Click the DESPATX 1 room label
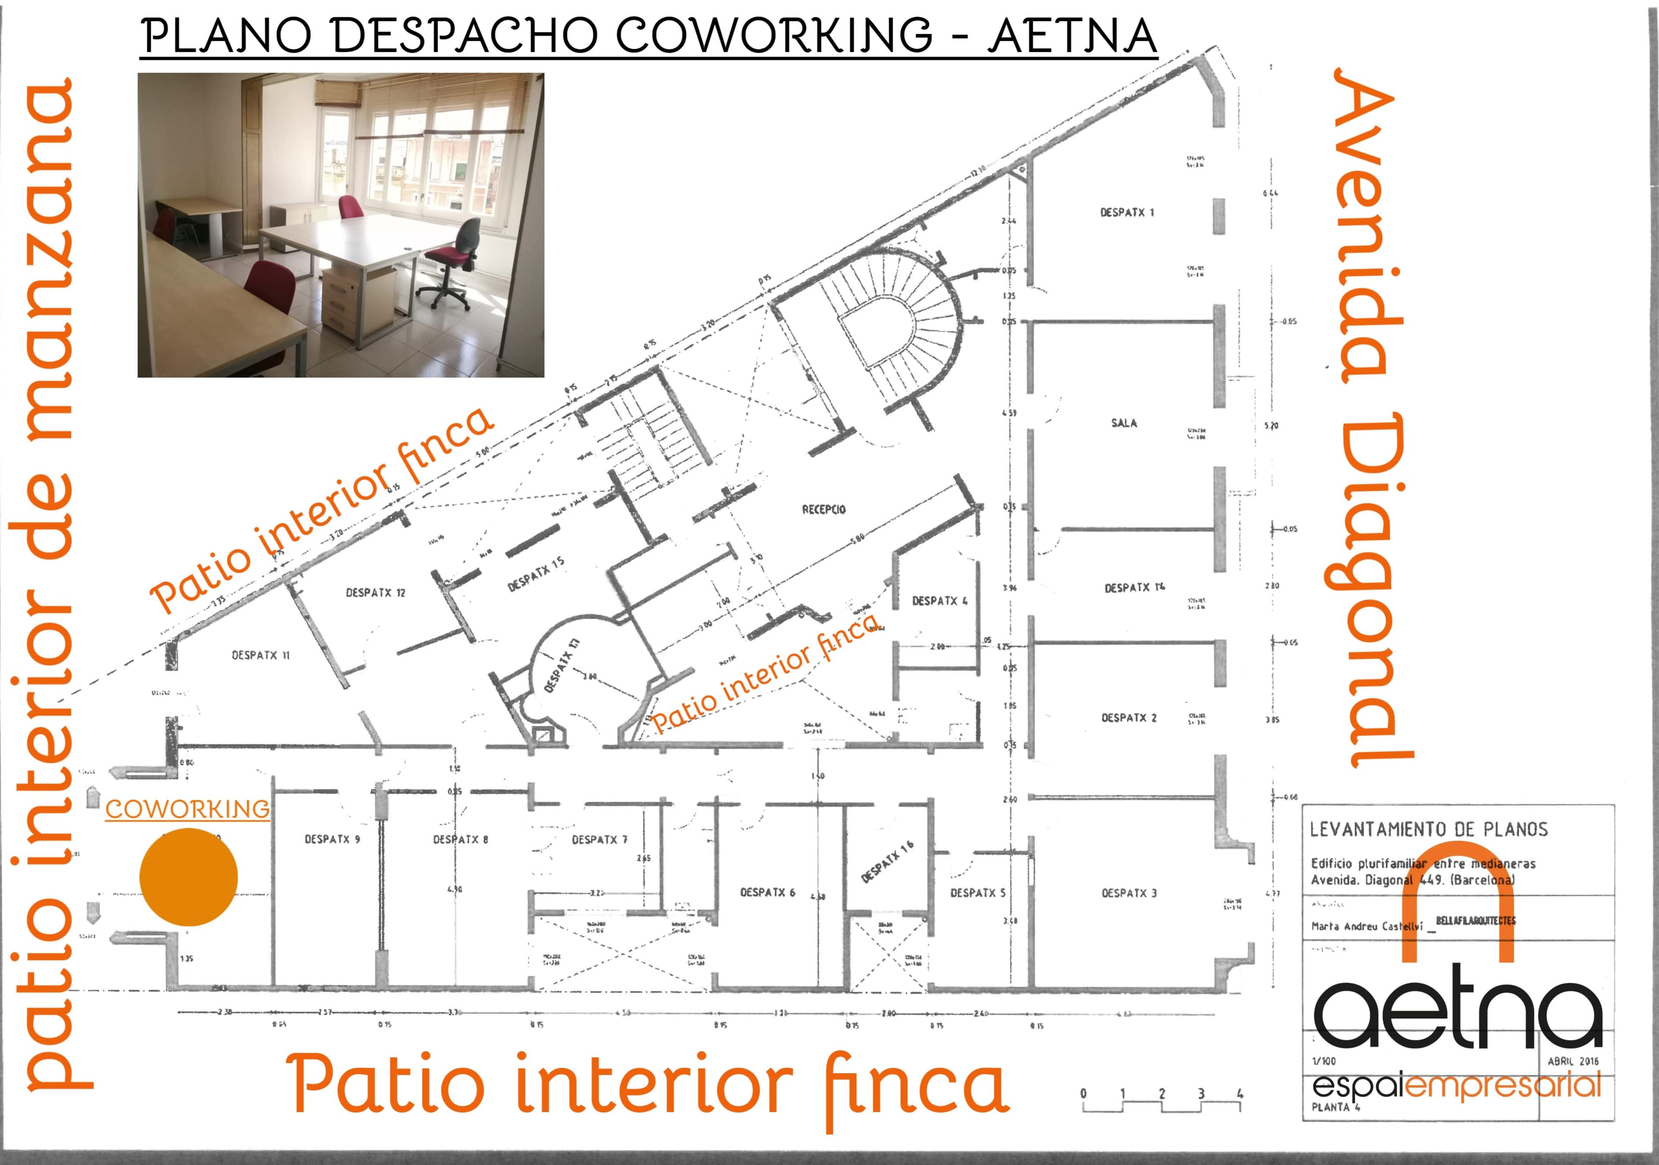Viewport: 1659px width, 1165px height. point(1126,213)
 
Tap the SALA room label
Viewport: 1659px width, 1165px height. point(1124,423)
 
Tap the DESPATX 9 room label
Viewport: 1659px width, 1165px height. point(332,839)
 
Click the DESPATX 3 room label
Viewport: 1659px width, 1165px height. point(1128,893)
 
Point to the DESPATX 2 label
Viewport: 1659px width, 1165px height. point(1128,718)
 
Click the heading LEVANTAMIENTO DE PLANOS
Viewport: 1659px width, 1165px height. point(1428,829)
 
